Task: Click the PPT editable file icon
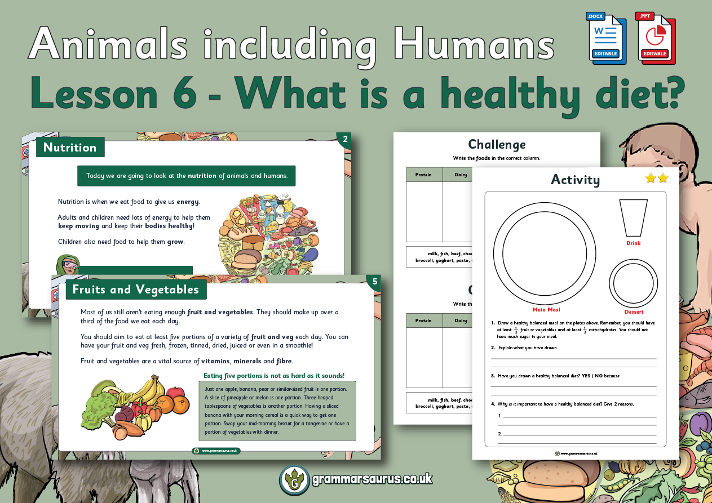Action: pyautogui.click(x=655, y=38)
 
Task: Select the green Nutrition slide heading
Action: pyautogui.click(x=70, y=148)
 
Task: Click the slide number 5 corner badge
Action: pyautogui.click(x=374, y=282)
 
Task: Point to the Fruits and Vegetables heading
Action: pyautogui.click(x=136, y=290)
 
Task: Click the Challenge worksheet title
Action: pyautogui.click(x=497, y=145)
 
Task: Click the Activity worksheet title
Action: pyautogui.click(x=575, y=180)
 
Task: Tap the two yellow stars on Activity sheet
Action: pyautogui.click(x=657, y=178)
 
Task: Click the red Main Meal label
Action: pyautogui.click(x=546, y=310)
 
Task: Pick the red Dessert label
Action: pyautogui.click(x=634, y=312)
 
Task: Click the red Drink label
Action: pyautogui.click(x=633, y=243)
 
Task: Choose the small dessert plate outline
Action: pyautogui.click(x=634, y=283)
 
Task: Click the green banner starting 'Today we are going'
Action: pyautogui.click(x=187, y=176)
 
